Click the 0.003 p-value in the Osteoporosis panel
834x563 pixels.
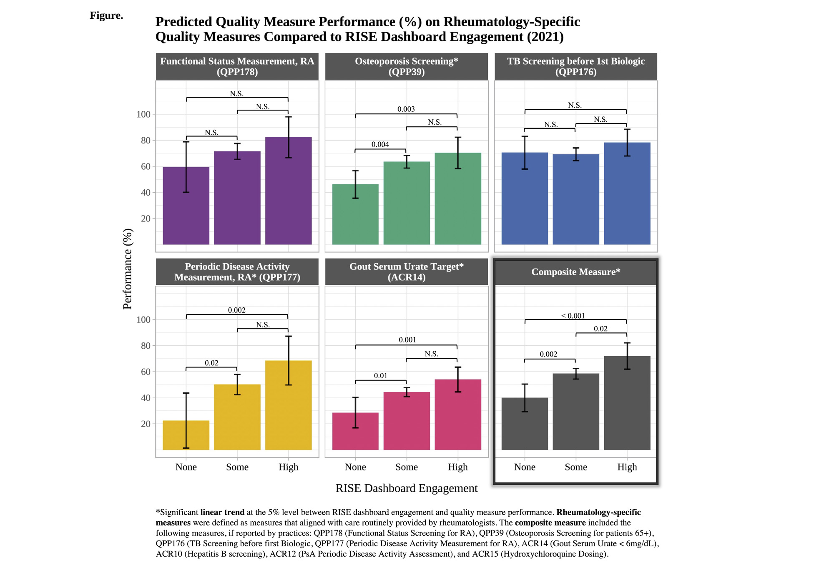pos(406,109)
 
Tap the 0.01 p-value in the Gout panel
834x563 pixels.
pos(380,376)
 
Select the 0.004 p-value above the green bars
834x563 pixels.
pos(380,145)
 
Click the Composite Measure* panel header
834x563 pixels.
pos(575,272)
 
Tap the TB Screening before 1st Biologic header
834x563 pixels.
pos(575,66)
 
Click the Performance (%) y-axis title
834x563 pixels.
pos(128,269)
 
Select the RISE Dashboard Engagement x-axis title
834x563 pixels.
pos(406,488)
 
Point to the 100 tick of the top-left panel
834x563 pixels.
pos(143,114)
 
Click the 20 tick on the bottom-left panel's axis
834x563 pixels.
pos(146,424)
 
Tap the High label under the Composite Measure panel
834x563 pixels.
pos(627,467)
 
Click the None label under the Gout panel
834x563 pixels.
pos(355,467)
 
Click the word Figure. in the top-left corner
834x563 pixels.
pos(106,16)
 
